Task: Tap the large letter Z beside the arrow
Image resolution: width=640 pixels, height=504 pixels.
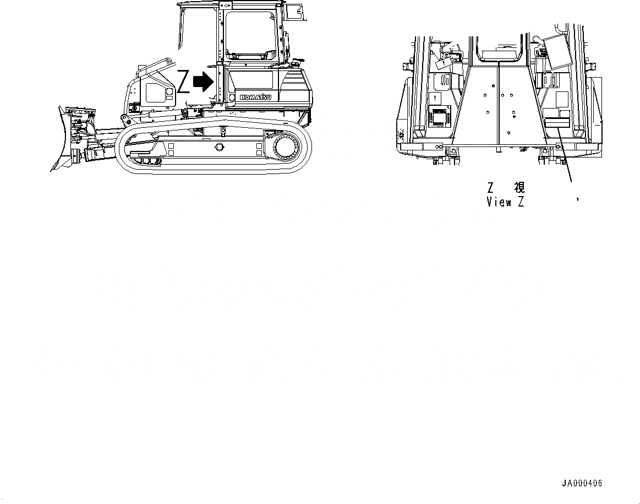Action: (x=184, y=83)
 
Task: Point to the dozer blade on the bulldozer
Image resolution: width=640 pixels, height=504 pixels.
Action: (x=62, y=138)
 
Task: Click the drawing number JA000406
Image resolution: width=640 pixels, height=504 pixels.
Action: (x=582, y=484)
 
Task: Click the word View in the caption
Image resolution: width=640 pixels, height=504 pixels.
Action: (x=499, y=202)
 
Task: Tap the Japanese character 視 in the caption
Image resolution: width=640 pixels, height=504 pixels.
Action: (x=519, y=187)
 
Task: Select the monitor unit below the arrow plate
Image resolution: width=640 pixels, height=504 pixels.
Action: (x=439, y=118)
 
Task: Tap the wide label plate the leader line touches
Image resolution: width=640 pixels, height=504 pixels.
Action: (x=557, y=123)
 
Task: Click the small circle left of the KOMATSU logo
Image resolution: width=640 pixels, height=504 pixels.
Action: (x=231, y=97)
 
